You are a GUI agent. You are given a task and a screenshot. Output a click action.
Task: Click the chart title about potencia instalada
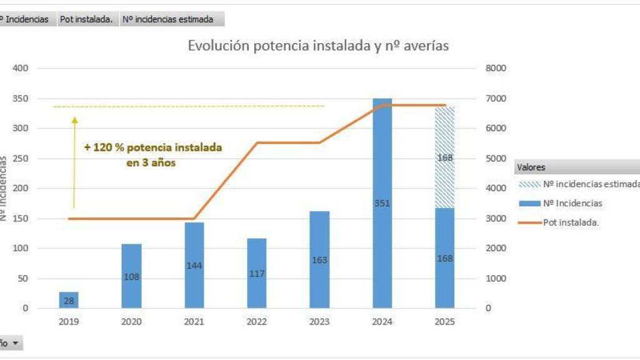click(x=318, y=46)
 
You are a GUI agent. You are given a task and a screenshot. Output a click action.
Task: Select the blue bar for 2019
click(x=69, y=300)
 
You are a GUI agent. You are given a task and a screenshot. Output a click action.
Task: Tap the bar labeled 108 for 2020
click(x=131, y=276)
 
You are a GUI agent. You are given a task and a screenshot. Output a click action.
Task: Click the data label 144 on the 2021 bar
click(x=194, y=266)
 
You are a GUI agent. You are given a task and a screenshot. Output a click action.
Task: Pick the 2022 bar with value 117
click(x=257, y=273)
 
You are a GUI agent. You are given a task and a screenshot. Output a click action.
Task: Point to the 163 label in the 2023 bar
click(x=319, y=260)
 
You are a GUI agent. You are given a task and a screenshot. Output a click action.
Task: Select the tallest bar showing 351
click(x=382, y=203)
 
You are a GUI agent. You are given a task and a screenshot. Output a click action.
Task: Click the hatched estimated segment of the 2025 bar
click(x=444, y=157)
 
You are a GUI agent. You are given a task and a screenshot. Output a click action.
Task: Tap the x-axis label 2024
click(x=382, y=322)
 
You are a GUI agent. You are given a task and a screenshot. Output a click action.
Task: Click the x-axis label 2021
click(x=194, y=322)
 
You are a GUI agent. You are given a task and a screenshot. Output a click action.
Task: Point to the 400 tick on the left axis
click(x=21, y=68)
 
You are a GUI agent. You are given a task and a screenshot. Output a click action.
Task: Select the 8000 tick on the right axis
click(x=496, y=68)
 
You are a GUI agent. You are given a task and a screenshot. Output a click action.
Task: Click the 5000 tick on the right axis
click(x=496, y=158)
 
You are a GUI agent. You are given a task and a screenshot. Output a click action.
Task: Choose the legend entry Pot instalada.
click(x=571, y=222)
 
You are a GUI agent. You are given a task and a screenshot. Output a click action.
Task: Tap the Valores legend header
click(x=531, y=167)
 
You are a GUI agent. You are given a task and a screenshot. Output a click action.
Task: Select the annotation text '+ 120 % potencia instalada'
click(x=153, y=147)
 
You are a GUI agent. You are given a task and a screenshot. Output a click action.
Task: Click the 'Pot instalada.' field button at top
click(x=86, y=19)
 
